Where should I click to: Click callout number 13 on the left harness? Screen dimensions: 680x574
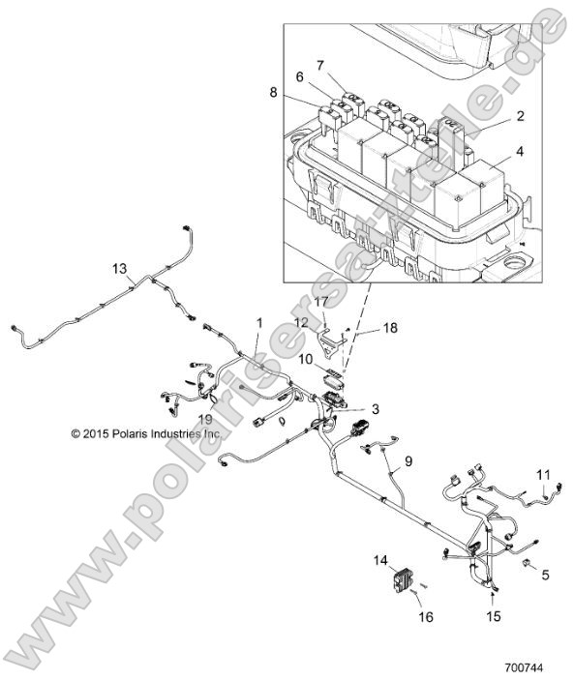pyautogui.click(x=120, y=268)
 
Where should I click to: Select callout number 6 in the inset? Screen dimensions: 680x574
pyautogui.click(x=300, y=77)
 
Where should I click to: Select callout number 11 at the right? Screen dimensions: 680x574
pyautogui.click(x=542, y=473)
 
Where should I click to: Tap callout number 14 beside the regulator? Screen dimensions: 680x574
pyautogui.click(x=379, y=560)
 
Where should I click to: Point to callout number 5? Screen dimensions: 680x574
pyautogui.click(x=545, y=574)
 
